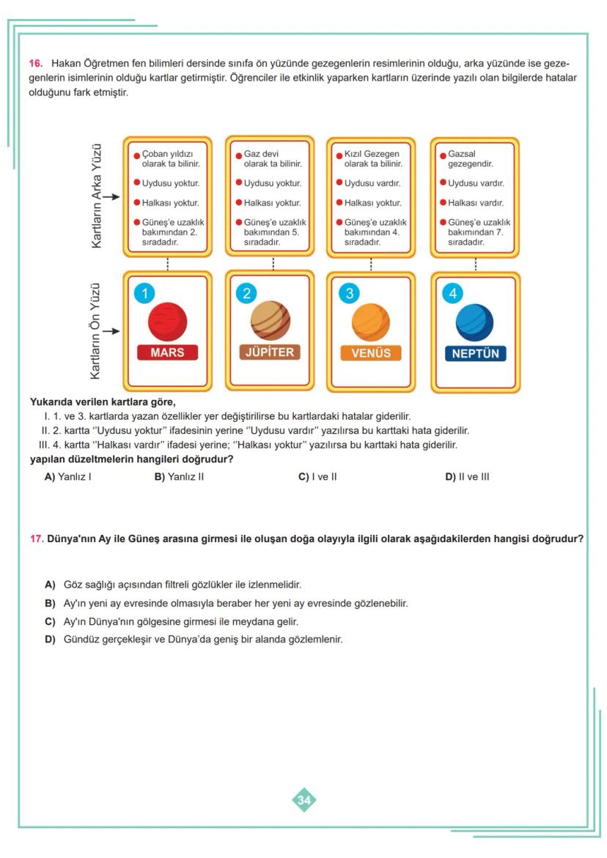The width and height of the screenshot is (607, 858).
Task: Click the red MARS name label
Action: (x=167, y=352)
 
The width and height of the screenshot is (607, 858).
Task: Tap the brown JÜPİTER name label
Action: (x=269, y=352)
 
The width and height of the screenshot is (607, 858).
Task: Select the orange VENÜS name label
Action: (x=371, y=353)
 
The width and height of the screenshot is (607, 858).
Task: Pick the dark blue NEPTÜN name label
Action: (x=474, y=353)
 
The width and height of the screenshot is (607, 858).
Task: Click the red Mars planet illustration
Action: (x=167, y=320)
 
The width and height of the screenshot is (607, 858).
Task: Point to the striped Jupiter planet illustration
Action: (x=270, y=320)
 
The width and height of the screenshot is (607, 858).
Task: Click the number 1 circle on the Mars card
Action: (x=144, y=294)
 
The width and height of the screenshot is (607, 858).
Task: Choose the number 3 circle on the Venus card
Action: (x=350, y=294)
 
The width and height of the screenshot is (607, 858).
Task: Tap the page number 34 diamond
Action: (x=304, y=800)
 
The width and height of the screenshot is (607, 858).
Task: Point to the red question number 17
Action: (x=37, y=539)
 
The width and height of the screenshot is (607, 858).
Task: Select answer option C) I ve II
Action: (x=317, y=477)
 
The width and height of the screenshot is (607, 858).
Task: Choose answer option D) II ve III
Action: (x=467, y=477)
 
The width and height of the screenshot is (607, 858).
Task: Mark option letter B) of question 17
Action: (x=50, y=603)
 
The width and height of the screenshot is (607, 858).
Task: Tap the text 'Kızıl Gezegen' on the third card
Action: (x=372, y=155)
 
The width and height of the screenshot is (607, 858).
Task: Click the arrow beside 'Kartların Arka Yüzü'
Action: (x=111, y=197)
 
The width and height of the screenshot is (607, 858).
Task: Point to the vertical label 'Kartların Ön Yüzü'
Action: (x=96, y=331)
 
